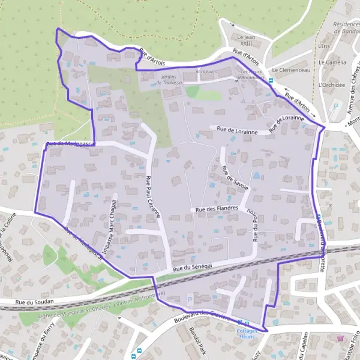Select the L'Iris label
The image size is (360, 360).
coord(325,46)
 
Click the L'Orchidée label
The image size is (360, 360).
coord(332,85)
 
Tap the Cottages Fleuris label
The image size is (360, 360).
coord(247,334)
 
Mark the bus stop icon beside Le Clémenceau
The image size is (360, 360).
coord(271,80)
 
